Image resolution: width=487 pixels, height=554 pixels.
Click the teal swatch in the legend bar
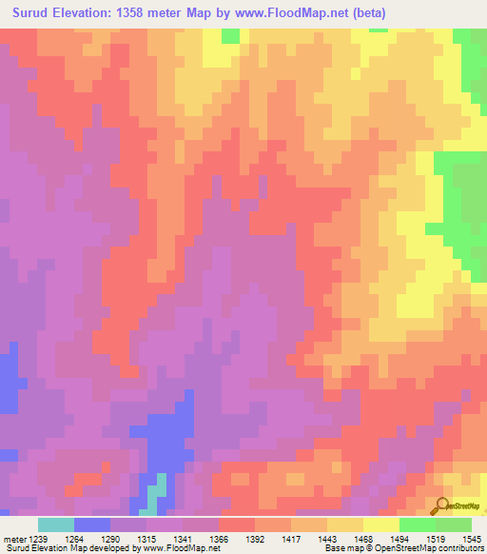pos(56,524)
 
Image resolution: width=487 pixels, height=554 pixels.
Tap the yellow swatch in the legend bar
pos(380,524)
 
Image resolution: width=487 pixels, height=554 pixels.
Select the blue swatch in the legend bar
pos(92,524)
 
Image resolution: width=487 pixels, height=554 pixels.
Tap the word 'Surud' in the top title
pos(35,13)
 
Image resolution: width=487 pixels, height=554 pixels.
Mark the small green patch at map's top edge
pos(230,35)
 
